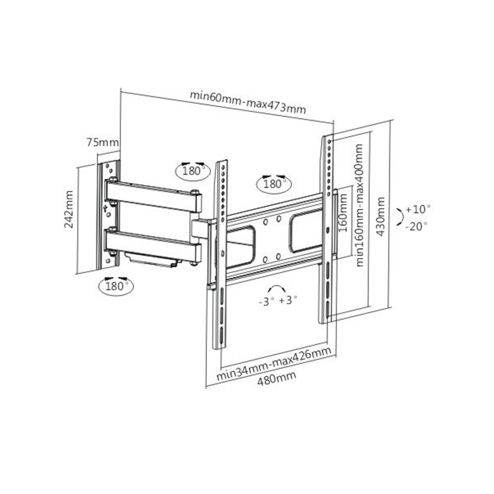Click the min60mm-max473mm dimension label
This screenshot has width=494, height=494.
[247, 102]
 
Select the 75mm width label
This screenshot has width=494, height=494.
[103, 143]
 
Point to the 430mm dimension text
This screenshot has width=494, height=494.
[381, 216]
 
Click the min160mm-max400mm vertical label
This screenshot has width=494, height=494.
[359, 205]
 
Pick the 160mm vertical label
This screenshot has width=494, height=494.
[343, 213]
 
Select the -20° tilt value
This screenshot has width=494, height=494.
[416, 226]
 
